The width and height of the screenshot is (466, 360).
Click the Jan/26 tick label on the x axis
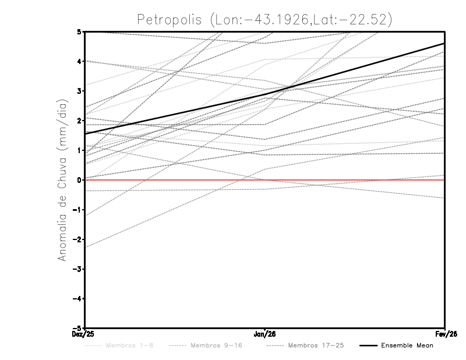tap(265, 334)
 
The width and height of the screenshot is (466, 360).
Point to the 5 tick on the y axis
tap(79, 31)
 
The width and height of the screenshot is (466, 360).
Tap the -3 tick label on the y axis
tap(77, 269)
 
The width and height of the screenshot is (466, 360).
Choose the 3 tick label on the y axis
tap(79, 91)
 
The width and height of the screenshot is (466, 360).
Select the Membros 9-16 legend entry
tap(216, 346)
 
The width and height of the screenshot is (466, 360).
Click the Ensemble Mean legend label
tap(407, 346)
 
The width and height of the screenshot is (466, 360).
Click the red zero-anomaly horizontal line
tap(349, 180)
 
